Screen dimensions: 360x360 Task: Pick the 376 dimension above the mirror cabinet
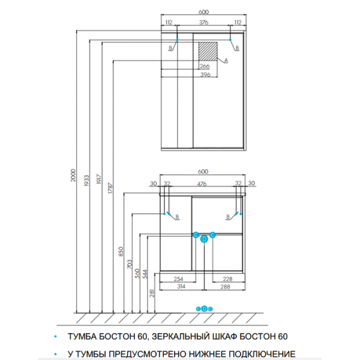click(204, 22)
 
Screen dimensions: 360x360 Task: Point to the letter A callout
click(226, 61)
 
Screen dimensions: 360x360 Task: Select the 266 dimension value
click(205, 67)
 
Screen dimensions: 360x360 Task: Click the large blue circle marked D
click(204, 239)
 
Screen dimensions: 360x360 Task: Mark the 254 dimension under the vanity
click(178, 278)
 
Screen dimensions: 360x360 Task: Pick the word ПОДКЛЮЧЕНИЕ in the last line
click(262, 354)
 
